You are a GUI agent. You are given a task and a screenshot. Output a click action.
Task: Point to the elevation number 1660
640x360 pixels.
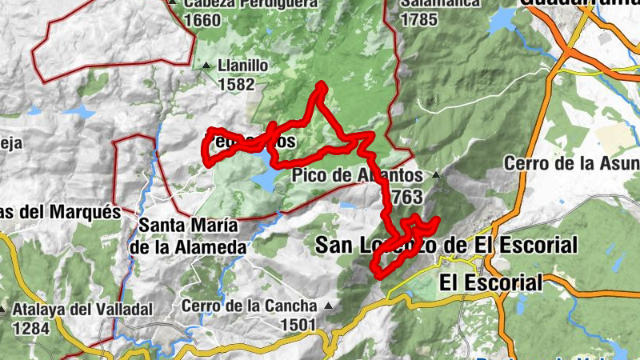201,20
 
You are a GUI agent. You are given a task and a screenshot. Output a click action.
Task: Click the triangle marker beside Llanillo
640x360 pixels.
206,66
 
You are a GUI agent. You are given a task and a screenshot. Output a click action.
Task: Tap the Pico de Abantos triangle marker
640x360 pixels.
435,174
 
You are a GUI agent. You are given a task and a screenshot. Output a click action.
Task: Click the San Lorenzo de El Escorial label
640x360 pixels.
446,245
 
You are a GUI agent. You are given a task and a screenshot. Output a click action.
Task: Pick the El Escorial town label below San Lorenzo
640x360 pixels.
490,282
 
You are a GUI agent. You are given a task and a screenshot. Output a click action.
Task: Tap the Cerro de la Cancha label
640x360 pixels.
249,306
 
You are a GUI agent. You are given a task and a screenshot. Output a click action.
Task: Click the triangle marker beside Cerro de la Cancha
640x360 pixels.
326,306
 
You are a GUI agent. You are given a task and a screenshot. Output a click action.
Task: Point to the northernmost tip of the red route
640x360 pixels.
321,84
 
